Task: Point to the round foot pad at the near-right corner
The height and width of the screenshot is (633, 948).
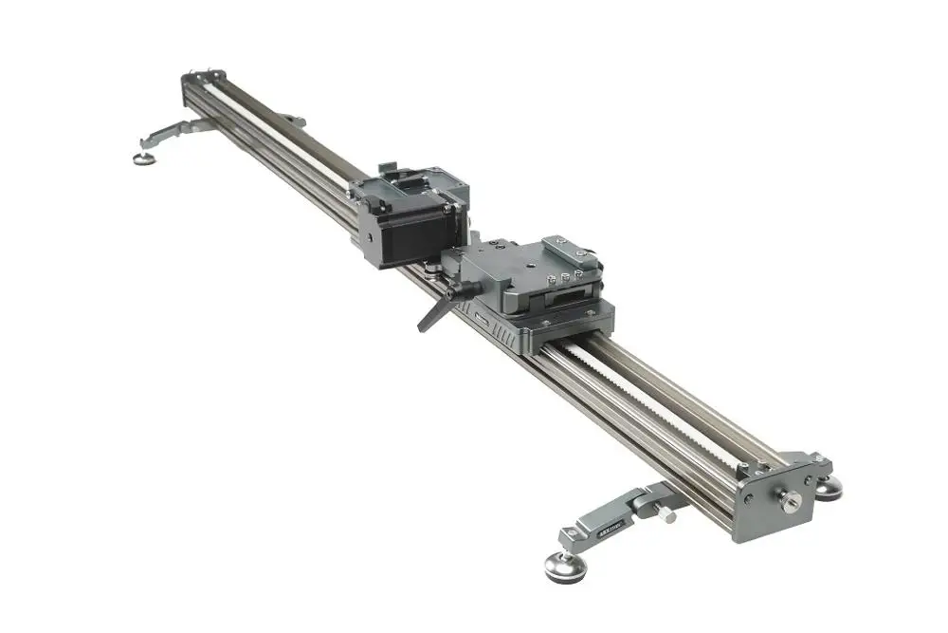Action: pyautogui.click(x=829, y=488)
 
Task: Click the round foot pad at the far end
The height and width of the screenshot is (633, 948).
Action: pyautogui.click(x=145, y=158)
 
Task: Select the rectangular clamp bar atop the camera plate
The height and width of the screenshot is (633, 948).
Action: pyautogui.click(x=568, y=250)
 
